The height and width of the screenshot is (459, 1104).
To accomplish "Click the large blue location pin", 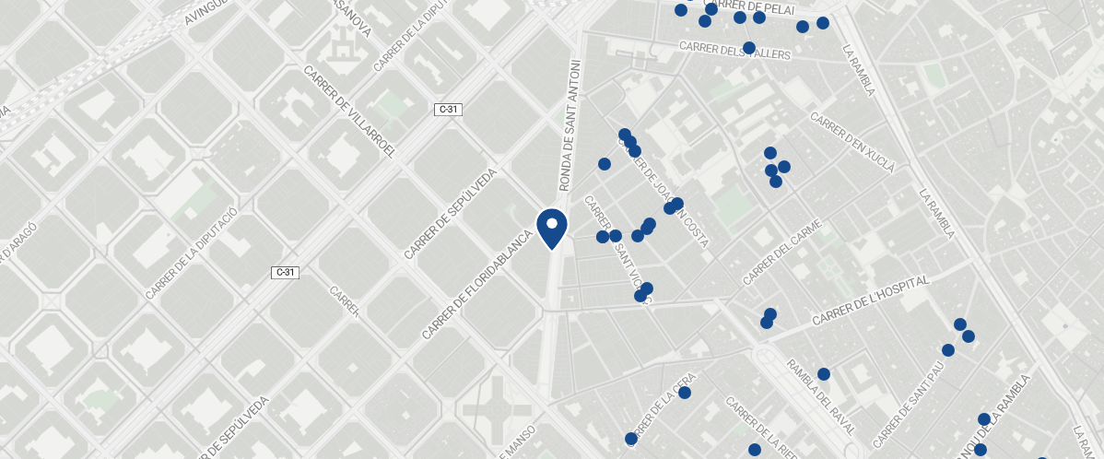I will coord(551,228).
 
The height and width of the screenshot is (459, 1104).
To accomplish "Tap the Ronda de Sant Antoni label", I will coord(570,125).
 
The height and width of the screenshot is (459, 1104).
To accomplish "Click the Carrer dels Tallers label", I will coord(734,50).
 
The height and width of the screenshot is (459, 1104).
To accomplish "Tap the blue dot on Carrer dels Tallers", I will coord(749,47).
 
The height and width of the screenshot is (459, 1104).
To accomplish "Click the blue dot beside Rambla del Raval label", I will coord(824,374).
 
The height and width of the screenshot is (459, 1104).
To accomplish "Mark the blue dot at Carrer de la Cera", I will coord(685,393).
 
